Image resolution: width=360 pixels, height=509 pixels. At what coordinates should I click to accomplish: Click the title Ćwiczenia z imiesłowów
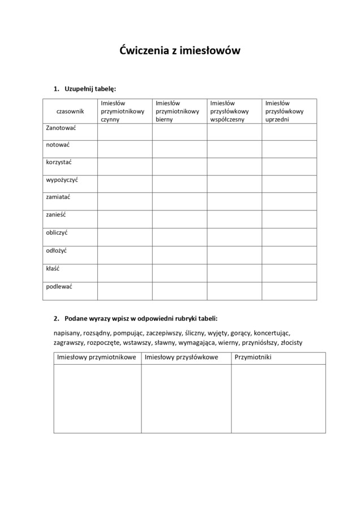[x=180, y=50]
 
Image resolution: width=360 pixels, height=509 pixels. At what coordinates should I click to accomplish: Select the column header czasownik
[x=70, y=111]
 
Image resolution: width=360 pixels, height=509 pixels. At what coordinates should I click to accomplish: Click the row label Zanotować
[x=61, y=128]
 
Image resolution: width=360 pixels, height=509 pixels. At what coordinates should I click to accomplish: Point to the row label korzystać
[x=59, y=162]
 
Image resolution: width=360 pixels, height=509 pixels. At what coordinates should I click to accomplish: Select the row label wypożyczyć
[x=62, y=180]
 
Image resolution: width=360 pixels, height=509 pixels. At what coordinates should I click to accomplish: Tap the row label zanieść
[x=57, y=214]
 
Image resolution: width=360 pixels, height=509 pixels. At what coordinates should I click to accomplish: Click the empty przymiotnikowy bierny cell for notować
[x=179, y=149]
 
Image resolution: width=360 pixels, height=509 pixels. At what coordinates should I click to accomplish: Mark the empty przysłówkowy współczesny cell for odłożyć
[x=234, y=255]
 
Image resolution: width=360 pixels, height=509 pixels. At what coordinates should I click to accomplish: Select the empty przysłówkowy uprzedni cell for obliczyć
[x=289, y=238]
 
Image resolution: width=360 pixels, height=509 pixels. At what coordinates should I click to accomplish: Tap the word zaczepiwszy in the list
[x=160, y=333]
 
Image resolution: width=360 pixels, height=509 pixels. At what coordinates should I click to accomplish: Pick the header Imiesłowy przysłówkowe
[x=181, y=357]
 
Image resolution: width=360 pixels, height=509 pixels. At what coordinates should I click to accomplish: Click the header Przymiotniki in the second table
[x=253, y=357]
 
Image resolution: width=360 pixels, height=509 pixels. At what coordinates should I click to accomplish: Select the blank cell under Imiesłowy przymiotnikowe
[x=97, y=398]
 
